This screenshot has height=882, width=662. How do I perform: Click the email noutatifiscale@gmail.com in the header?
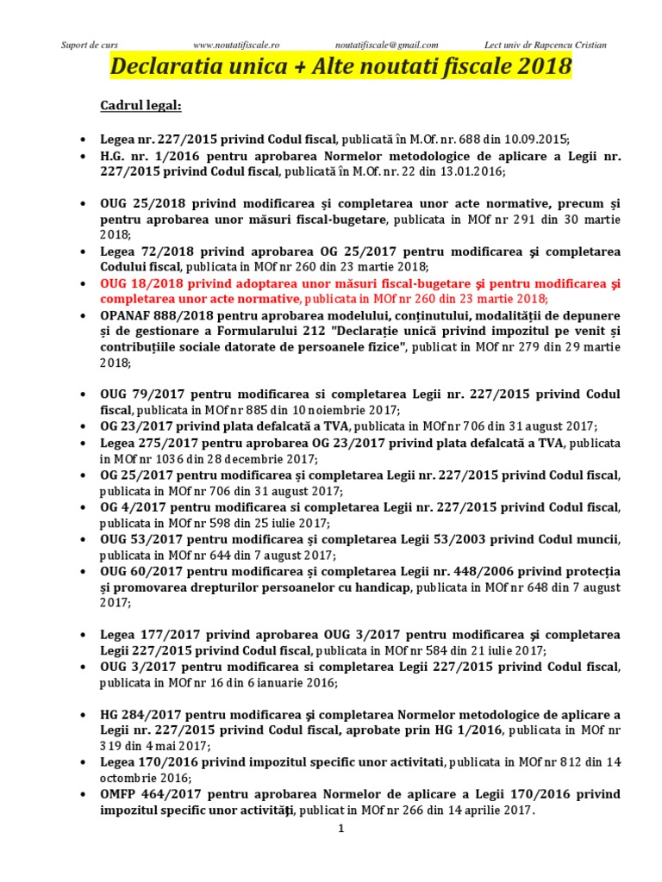coord(386,45)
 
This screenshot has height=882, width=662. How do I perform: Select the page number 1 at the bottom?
coord(341,829)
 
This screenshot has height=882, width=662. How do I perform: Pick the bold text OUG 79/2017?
coord(141,394)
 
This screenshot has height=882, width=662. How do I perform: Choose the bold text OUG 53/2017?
coord(141,539)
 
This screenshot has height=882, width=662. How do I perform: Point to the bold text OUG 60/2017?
coord(141,571)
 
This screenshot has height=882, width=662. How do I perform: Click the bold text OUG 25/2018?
coord(141,202)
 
